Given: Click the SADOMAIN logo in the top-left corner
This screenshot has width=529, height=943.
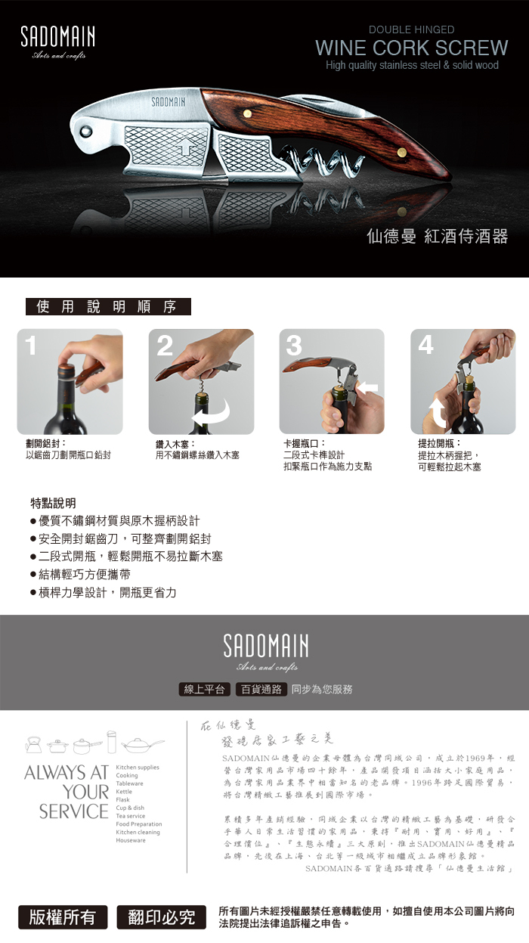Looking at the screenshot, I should [57, 39].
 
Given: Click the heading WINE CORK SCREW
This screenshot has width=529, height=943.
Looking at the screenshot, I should [411, 48].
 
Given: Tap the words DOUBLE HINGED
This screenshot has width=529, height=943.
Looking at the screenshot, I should [411, 29].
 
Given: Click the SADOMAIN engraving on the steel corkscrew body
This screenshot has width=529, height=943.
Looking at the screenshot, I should [169, 101].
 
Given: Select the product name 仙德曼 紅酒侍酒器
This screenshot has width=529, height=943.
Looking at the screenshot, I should [437, 236].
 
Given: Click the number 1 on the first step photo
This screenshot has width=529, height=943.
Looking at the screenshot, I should [30, 346].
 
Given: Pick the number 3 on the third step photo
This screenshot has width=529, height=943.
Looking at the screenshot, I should [293, 346].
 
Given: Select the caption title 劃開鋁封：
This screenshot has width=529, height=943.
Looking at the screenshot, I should [45, 443].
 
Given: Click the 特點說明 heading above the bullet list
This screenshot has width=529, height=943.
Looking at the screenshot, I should [53, 503].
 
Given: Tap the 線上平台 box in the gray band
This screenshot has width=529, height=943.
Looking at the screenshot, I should [204, 689].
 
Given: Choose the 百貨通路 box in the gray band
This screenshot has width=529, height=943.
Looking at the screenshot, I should [261, 689].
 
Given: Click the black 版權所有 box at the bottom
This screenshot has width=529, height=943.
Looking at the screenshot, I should [63, 917].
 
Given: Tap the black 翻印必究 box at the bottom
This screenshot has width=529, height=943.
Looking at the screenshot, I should [162, 917].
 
